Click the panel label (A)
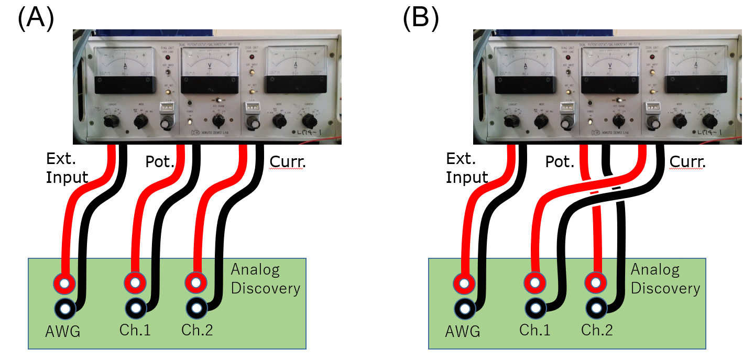(36, 19)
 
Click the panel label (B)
(420, 19)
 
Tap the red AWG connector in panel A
(64, 284)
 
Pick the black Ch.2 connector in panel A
(195, 306)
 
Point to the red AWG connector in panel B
(464, 284)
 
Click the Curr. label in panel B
(687, 162)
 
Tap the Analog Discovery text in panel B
(665, 279)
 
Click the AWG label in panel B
(462, 331)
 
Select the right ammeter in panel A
(296, 70)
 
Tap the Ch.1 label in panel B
(536, 330)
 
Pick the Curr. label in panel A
(287, 162)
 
